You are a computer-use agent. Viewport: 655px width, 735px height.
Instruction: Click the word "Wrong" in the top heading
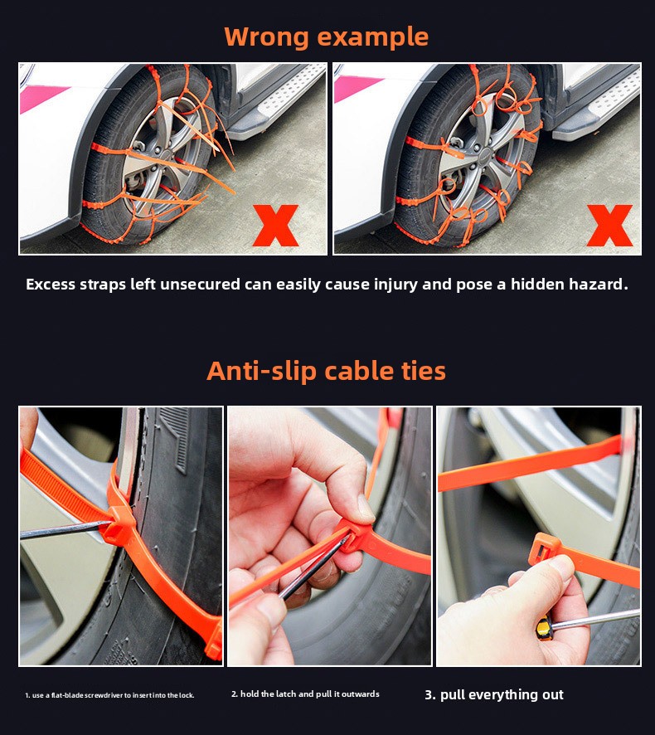pos(266,37)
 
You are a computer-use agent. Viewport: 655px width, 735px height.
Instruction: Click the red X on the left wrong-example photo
pos(275,226)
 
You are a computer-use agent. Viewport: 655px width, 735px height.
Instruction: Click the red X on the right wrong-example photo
pos(609,226)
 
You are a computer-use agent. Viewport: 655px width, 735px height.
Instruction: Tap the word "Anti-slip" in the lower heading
pos(262,372)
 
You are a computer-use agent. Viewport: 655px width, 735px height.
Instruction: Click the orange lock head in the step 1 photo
pos(119,524)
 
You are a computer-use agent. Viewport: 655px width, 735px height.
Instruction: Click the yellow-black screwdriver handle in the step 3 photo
pos(545,629)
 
